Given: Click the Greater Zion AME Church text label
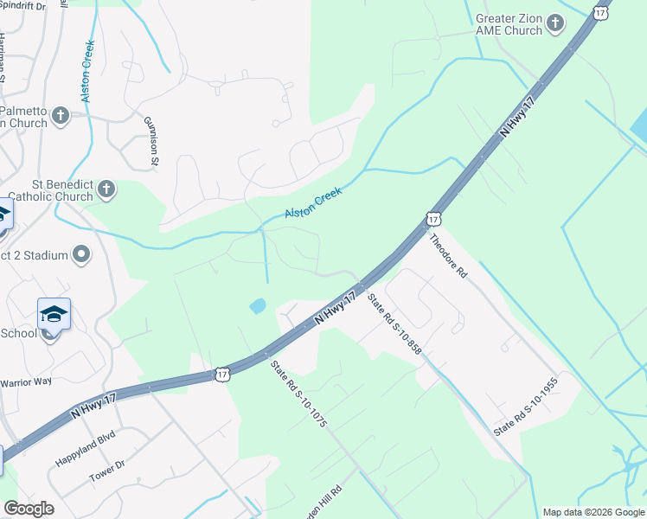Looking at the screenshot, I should (x=509, y=24).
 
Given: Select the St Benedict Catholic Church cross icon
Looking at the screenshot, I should (x=106, y=189).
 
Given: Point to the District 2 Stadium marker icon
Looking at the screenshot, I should (x=81, y=254).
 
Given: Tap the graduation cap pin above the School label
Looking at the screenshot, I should (x=54, y=313).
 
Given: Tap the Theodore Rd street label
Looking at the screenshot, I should (x=448, y=257).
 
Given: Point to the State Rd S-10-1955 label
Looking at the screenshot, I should (x=526, y=407).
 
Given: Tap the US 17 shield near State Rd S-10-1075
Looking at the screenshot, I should (x=222, y=375).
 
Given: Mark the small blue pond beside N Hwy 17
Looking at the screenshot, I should (x=258, y=305).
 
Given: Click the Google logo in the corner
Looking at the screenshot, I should (x=29, y=509).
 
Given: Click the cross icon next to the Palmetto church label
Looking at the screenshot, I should (x=60, y=115).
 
